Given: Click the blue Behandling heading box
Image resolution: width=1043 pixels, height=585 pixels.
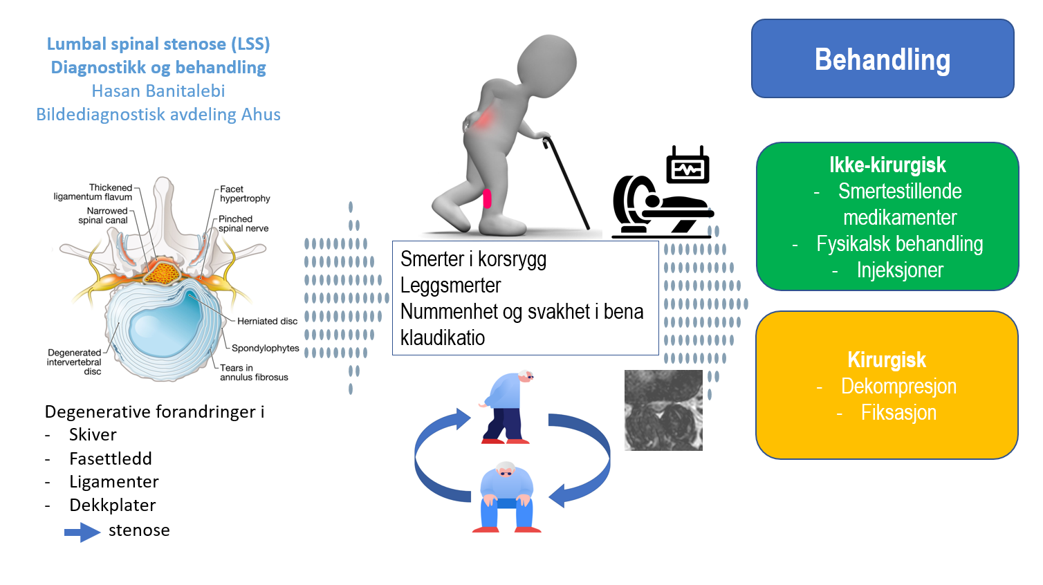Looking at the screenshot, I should pos(883,59).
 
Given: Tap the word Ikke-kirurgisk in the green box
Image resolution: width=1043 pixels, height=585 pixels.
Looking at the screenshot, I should pos(887,165).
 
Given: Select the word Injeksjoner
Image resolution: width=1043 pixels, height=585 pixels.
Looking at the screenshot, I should pos(900,270).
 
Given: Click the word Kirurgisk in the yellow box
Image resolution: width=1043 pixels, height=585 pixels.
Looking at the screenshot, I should pos(887,360).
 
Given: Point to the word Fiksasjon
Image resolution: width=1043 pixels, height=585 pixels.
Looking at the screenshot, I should pos(898,413).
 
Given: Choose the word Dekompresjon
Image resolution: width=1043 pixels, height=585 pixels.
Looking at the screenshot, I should pos(898,387).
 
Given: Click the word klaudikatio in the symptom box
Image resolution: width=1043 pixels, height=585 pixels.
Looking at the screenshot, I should pos(443,338).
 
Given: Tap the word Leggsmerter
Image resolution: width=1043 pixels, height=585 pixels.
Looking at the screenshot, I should pos(451,285).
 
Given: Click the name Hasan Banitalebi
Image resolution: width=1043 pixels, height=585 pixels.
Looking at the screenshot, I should pos(158,91).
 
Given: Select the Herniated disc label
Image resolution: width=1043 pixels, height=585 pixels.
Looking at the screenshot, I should pos(267,321).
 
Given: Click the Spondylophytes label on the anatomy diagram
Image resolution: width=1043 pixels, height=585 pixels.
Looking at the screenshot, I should pos(266,348).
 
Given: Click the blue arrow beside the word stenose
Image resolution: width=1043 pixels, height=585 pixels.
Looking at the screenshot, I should pos(82,532).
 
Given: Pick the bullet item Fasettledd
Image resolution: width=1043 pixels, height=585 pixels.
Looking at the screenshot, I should pos(111,458).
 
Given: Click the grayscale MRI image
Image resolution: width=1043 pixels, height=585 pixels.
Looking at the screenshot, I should pos(663,410).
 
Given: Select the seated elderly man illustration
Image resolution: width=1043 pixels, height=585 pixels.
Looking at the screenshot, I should pos(507,497).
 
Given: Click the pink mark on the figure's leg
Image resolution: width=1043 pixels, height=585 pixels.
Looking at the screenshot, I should pos(487,198).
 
